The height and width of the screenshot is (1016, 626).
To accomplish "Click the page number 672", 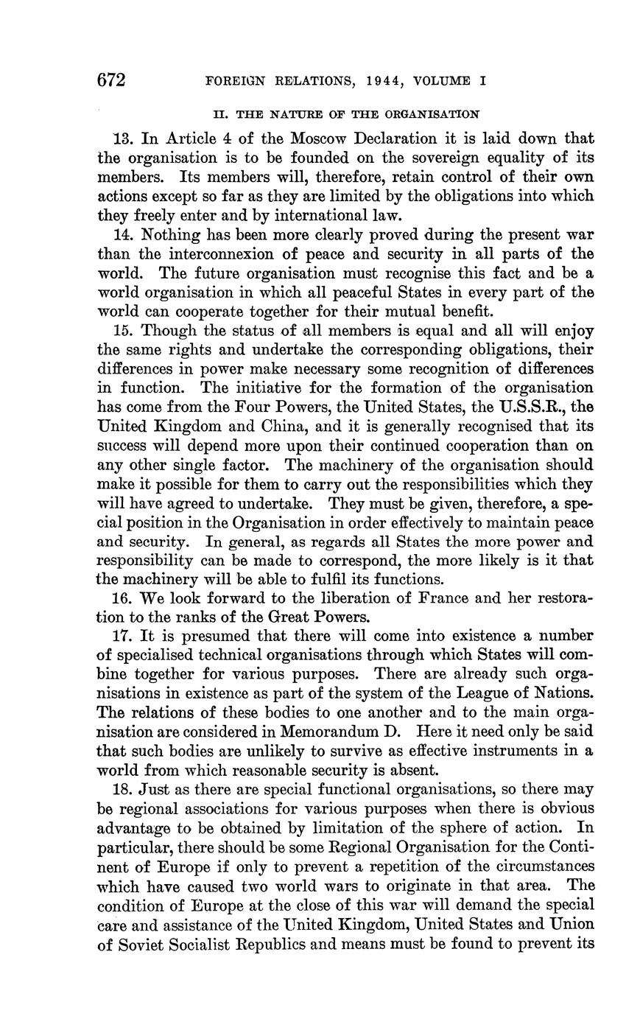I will coord(112,80).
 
